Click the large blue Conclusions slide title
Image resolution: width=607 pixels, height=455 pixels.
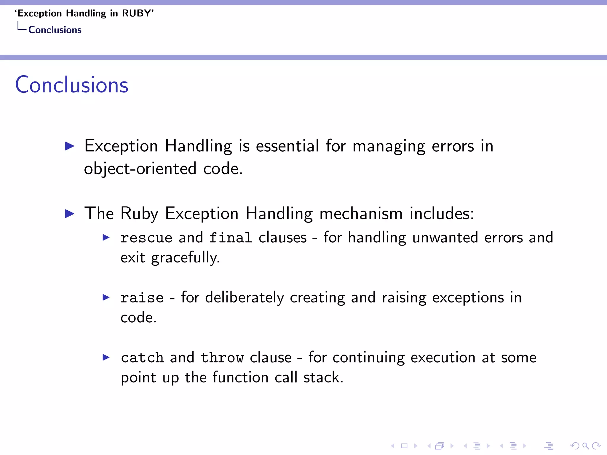(x=72, y=85)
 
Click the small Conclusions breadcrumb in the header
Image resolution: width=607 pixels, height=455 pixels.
(x=55, y=30)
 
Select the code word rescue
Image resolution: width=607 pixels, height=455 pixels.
(x=146, y=238)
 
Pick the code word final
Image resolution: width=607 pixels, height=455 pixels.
(x=231, y=238)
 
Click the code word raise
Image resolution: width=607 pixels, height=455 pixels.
(x=142, y=298)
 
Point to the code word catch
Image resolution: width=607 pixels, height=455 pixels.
(x=142, y=358)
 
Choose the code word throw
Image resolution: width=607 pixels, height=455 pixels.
(x=222, y=358)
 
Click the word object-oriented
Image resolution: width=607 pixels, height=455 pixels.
(x=140, y=169)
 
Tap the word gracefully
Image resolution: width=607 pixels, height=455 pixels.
(x=186, y=258)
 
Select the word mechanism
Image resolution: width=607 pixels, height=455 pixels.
(x=361, y=213)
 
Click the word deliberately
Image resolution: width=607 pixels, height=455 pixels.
(x=245, y=297)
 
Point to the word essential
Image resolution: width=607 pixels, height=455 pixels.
(x=287, y=146)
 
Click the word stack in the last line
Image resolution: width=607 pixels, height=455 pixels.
(x=322, y=377)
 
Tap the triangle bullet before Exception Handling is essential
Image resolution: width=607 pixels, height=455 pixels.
(x=70, y=146)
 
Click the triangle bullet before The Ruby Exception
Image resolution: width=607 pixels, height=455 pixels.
(x=70, y=214)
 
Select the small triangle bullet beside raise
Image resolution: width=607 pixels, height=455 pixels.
(x=106, y=297)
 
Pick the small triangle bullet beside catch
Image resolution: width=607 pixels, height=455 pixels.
(x=106, y=357)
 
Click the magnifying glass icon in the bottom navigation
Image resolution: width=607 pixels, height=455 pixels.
(x=585, y=446)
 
